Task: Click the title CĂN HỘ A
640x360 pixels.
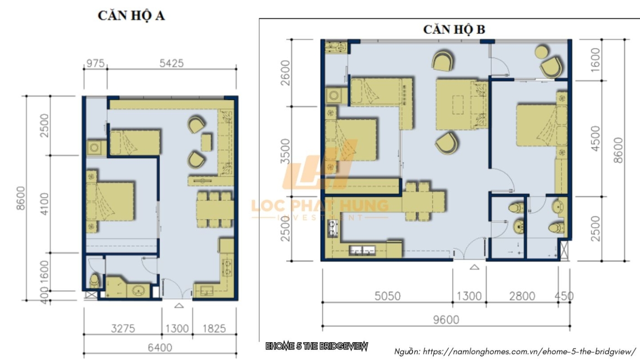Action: pyautogui.click(x=131, y=16)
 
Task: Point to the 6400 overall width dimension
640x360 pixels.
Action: pyautogui.click(x=160, y=348)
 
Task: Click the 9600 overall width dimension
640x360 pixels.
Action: pyautogui.click(x=446, y=320)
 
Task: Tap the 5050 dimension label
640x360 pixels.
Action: pyautogui.click(x=387, y=296)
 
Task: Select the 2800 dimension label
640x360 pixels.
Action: pyautogui.click(x=522, y=296)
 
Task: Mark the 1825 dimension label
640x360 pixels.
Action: pyautogui.click(x=214, y=328)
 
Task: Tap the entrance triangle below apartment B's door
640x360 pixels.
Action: pyautogui.click(x=475, y=267)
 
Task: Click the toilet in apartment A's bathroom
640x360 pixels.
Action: pyautogui.click(x=94, y=281)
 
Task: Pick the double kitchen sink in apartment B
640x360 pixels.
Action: pyautogui.click(x=362, y=250)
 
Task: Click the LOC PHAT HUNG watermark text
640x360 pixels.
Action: pyautogui.click(x=320, y=206)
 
